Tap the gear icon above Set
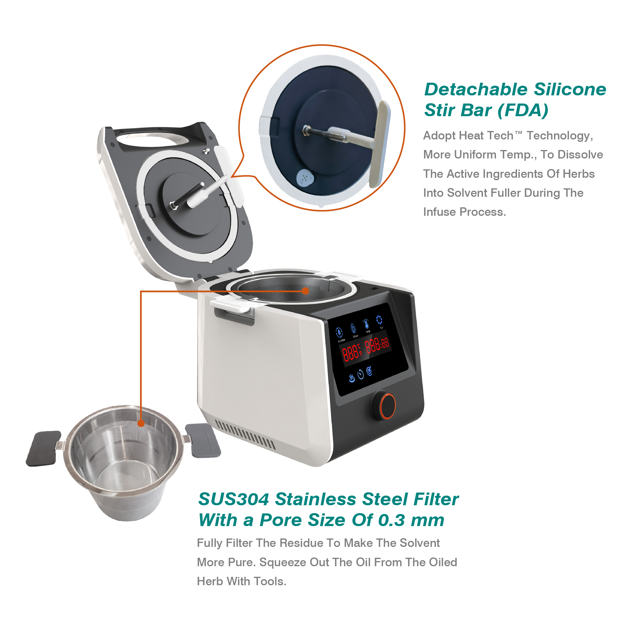click(379, 320)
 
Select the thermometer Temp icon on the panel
click(366, 324)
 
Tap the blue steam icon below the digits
click(352, 378)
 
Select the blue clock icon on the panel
click(360, 374)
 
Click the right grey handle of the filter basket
click(203, 439)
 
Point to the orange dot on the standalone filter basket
click(141, 423)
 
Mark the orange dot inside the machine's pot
click(305, 291)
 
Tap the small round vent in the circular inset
click(305, 178)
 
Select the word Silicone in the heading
click(570, 90)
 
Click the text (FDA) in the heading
click(523, 110)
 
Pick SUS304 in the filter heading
click(233, 499)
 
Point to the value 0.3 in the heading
click(392, 520)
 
